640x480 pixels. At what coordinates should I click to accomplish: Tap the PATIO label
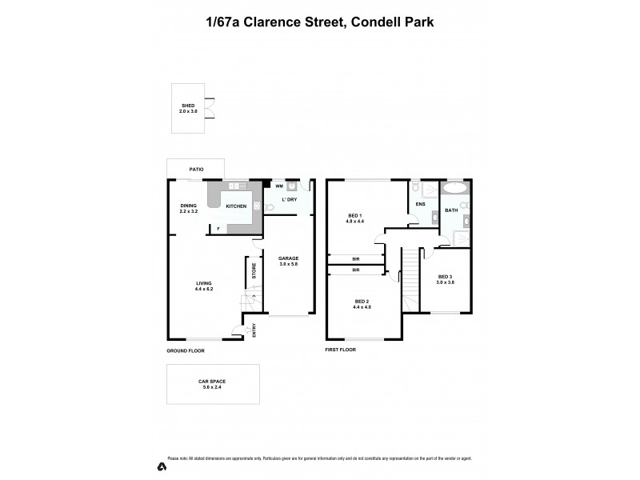tap(196, 170)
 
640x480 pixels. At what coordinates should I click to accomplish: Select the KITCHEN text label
tap(236, 206)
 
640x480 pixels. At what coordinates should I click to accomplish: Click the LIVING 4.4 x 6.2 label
tap(203, 285)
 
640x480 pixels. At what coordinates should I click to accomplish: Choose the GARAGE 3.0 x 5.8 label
tap(288, 261)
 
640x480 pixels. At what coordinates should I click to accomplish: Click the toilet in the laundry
tap(270, 206)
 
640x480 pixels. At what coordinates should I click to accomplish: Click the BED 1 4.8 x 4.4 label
tap(355, 218)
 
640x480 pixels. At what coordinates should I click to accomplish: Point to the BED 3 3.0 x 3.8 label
tap(445, 278)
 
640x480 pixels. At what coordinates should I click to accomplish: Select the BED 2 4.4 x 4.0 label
tap(363, 304)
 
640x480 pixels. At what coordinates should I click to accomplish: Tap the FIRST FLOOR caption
tap(342, 350)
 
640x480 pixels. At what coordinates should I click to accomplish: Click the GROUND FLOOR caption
tap(186, 350)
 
